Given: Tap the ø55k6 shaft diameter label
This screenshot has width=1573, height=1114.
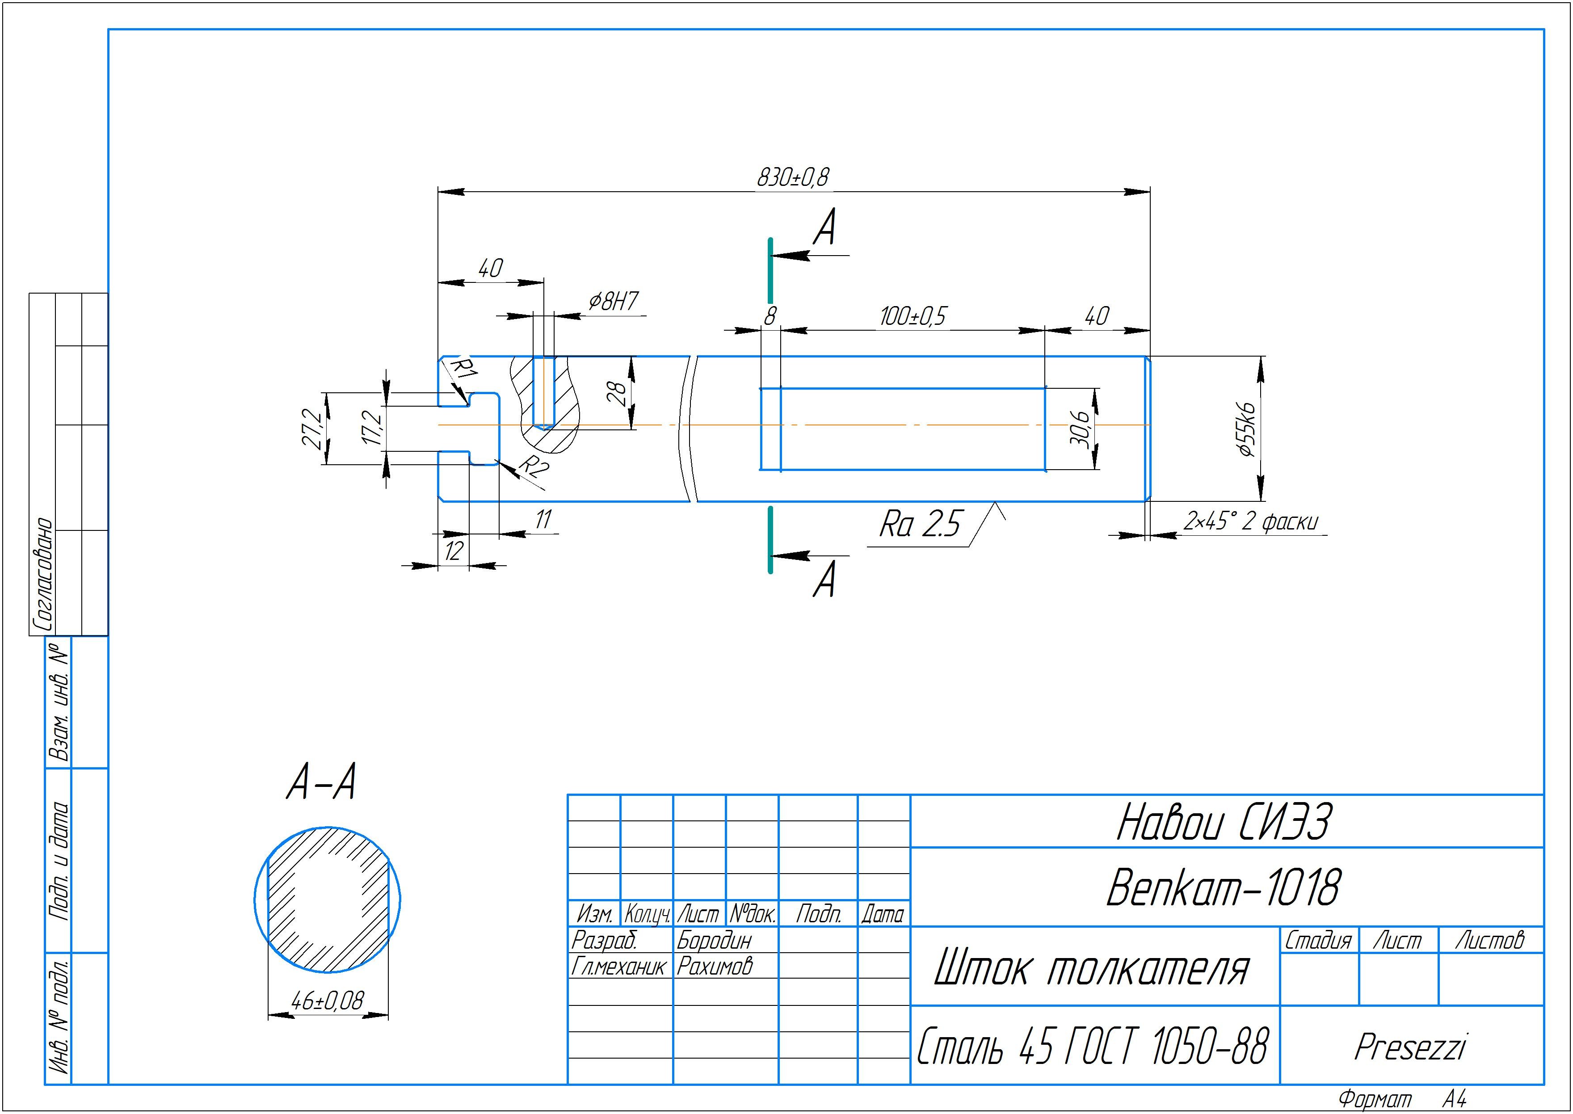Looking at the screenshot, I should tap(1245, 429).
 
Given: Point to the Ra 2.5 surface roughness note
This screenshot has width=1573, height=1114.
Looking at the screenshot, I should tap(920, 524).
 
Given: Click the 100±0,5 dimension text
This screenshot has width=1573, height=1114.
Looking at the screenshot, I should tap(913, 317).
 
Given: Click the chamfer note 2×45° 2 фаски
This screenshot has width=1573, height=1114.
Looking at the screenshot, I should tap(1250, 522).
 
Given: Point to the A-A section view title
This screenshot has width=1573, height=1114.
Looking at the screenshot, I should tap(321, 783).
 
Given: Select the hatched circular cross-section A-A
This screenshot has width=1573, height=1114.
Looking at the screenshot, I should tap(328, 900).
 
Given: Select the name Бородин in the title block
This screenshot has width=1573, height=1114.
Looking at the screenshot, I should tap(714, 940).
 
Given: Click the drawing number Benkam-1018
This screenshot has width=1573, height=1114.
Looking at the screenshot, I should tap(1223, 887).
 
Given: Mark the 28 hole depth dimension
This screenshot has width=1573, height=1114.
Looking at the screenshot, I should tap(617, 393).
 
